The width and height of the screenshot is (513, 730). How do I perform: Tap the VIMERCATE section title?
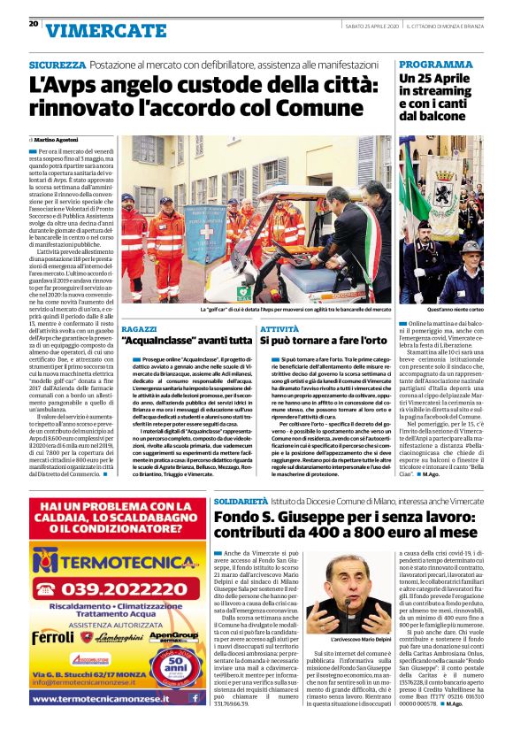105,30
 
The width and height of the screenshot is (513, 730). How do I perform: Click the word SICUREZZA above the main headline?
57,65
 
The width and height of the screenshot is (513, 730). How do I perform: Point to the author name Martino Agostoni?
57,140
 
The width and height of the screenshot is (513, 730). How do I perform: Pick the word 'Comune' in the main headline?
315,111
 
